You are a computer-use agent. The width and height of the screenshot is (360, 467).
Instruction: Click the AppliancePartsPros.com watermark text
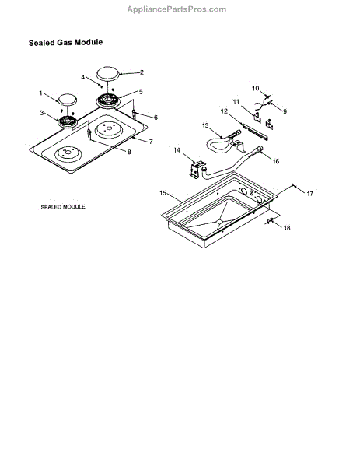click(177, 9)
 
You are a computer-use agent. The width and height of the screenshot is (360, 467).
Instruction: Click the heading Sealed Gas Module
click(65, 42)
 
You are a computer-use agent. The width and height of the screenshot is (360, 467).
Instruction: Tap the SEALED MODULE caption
click(63, 207)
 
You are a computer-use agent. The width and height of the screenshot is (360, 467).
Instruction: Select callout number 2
click(142, 72)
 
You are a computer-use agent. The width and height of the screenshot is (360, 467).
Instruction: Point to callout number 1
click(40, 93)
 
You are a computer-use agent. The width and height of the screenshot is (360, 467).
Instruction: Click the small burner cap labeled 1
click(68, 100)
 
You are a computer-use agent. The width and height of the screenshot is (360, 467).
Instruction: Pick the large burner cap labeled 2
click(107, 74)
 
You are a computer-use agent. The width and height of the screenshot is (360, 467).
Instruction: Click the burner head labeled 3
click(67, 121)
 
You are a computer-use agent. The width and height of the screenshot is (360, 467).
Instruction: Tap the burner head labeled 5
click(109, 100)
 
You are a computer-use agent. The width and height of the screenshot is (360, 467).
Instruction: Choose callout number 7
click(151, 142)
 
